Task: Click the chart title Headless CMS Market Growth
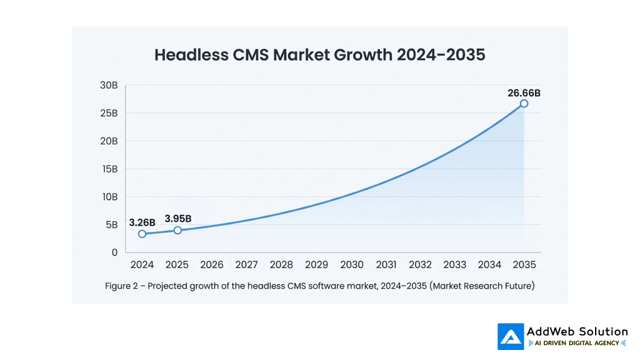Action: click(x=319, y=55)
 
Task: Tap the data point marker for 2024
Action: click(x=142, y=234)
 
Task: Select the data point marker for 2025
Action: click(x=177, y=230)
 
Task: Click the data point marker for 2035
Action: click(x=524, y=104)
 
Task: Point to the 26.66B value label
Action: click(x=524, y=93)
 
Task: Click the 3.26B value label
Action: click(x=142, y=222)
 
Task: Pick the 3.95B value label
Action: click(x=178, y=218)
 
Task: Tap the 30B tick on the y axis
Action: click(x=109, y=86)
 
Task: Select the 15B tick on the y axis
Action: click(x=109, y=169)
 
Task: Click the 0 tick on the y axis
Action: click(x=114, y=252)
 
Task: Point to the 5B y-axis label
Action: click(x=111, y=225)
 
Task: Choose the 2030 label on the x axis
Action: click(x=352, y=265)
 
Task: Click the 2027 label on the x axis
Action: click(x=247, y=265)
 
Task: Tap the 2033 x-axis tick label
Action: click(x=455, y=265)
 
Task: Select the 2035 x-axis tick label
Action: click(x=524, y=265)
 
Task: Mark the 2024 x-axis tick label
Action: click(x=142, y=265)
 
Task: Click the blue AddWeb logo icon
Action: click(x=511, y=336)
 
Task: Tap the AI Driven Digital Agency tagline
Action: click(x=577, y=343)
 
